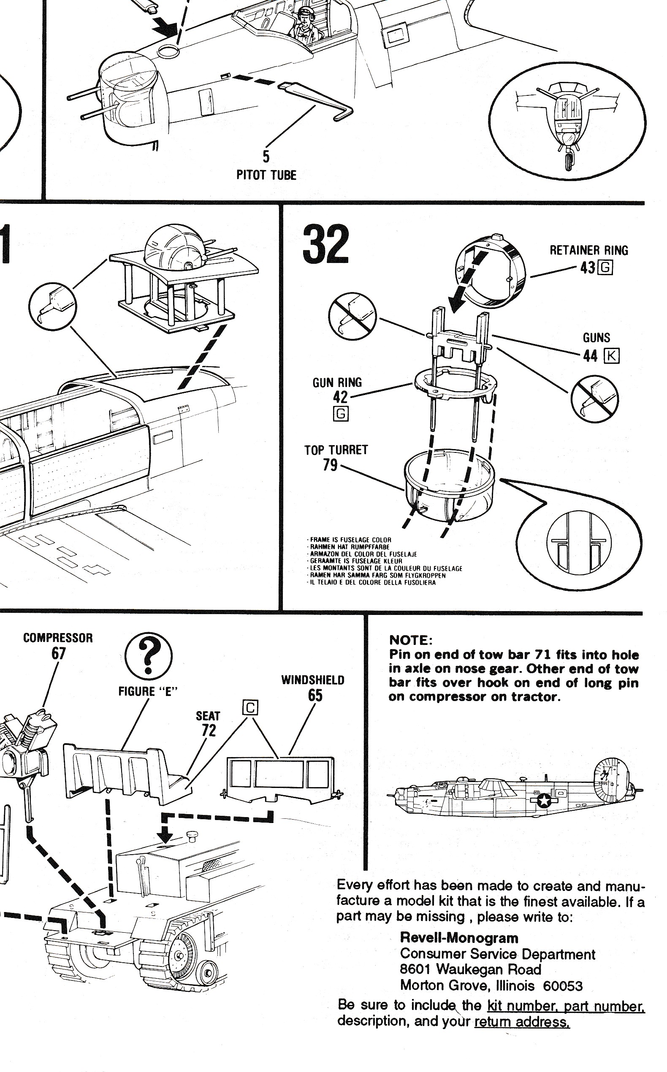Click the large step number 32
pos(325,244)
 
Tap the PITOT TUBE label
pos(266,175)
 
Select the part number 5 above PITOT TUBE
pos(266,157)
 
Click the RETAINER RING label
pos(588,250)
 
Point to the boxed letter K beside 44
pos(611,355)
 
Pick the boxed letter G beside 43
pos(605,268)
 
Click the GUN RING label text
pos(337,382)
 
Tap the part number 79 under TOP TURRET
pos(330,465)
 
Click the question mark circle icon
pos(149,657)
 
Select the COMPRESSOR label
pos(58,638)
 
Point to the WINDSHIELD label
pos(313,680)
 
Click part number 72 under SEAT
pos(209,730)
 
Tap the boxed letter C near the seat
pos(250,707)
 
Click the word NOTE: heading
pos(411,640)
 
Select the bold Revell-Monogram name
pos(459,938)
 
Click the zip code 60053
pos(562,985)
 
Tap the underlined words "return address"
pos(521,1022)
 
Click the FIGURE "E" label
pos(148,691)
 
